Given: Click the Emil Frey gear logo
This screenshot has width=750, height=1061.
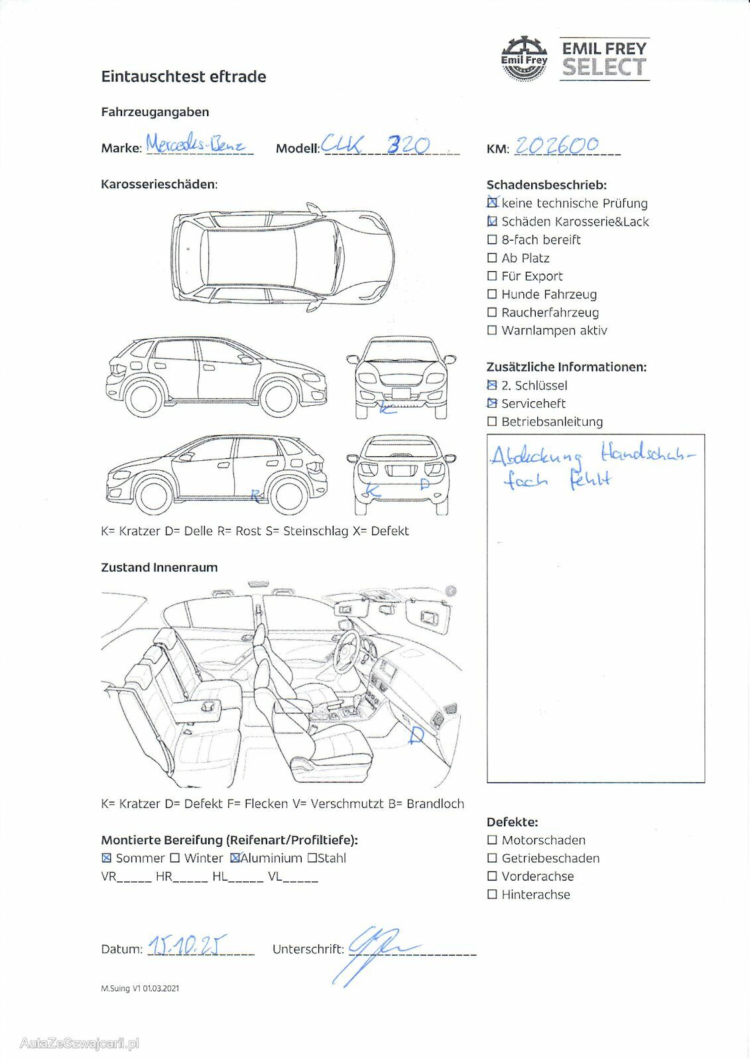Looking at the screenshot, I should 524,59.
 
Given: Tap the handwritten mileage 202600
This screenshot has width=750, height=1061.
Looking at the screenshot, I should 557,145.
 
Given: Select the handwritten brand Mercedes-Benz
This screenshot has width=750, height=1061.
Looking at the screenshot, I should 196,143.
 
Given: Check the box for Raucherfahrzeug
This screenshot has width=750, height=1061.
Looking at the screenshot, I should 492,312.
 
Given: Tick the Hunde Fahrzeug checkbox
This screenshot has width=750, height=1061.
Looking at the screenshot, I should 492,294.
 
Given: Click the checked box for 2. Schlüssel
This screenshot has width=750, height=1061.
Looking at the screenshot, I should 492,385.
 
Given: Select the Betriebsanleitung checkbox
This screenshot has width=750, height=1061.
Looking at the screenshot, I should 492,422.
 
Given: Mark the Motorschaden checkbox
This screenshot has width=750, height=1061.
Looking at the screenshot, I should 492,840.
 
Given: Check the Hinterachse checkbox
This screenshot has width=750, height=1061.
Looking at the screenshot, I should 492,895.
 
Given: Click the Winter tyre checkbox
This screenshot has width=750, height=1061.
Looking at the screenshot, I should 175,858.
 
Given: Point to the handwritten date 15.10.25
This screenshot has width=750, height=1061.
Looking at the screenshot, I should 187,945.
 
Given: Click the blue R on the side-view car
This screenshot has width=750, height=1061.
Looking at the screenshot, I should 255,495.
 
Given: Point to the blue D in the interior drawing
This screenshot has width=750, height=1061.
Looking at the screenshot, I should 416,735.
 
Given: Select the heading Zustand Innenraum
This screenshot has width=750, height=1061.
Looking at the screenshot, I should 159,568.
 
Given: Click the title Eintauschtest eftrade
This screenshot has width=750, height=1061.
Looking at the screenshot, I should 184,77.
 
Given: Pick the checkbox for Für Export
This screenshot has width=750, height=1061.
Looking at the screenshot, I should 492,276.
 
